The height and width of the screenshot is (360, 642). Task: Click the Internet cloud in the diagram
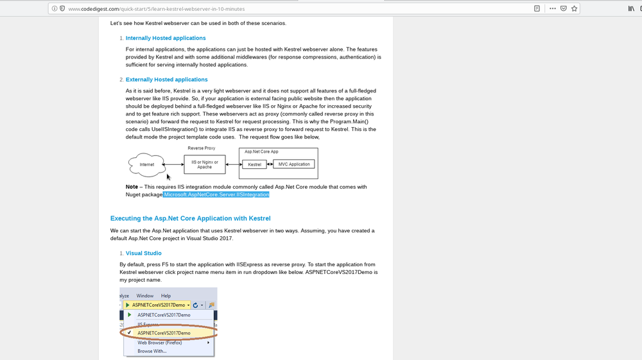point(147,165)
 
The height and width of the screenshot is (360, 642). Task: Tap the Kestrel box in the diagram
point(255,164)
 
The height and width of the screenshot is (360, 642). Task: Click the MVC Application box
point(294,164)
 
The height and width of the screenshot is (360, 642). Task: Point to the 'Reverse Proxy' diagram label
point(202,148)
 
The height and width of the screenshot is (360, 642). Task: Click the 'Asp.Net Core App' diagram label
point(262,151)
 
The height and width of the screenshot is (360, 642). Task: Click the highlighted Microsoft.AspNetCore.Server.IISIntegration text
point(216,194)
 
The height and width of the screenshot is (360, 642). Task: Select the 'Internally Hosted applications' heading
point(166,39)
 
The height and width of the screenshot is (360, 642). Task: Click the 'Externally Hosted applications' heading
point(166,80)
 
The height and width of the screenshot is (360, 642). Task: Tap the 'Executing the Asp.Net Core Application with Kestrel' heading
point(191,218)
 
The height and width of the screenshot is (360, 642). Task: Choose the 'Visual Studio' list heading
point(144,253)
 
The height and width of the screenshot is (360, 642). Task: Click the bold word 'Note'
point(132,187)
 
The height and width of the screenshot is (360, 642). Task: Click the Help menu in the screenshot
point(166,296)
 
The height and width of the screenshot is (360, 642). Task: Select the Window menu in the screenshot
point(145,296)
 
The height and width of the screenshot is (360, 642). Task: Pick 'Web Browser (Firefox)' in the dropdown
point(160,343)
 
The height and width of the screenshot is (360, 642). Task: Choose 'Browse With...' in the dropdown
point(152,351)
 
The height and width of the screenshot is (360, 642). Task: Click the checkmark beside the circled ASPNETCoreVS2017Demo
point(130,333)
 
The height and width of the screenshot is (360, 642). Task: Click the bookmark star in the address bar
point(575,8)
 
